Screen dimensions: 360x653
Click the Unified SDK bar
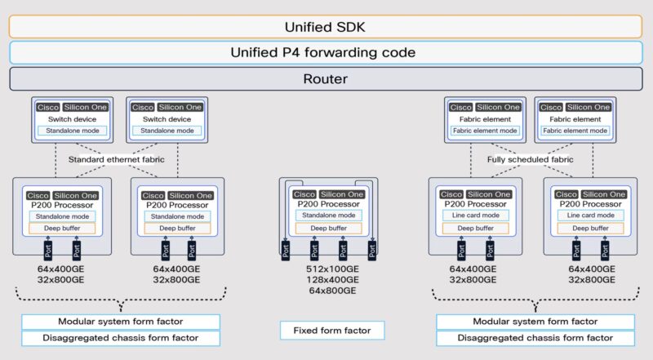pyautogui.click(x=326, y=25)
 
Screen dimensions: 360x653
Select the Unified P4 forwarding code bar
pyautogui.click(x=326, y=52)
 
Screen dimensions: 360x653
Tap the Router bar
pyautogui.click(x=326, y=79)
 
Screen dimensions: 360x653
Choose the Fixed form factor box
pyautogui.click(x=331, y=331)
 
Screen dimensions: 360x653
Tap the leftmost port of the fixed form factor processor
pyautogui.click(x=285, y=250)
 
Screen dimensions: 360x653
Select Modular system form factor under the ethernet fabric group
pyautogui.click(x=121, y=322)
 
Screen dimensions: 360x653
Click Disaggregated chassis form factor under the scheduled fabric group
pyautogui.click(x=535, y=338)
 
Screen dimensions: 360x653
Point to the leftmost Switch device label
pyautogui.click(x=77, y=119)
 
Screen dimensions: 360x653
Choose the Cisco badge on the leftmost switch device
pyautogui.click(x=48, y=107)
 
